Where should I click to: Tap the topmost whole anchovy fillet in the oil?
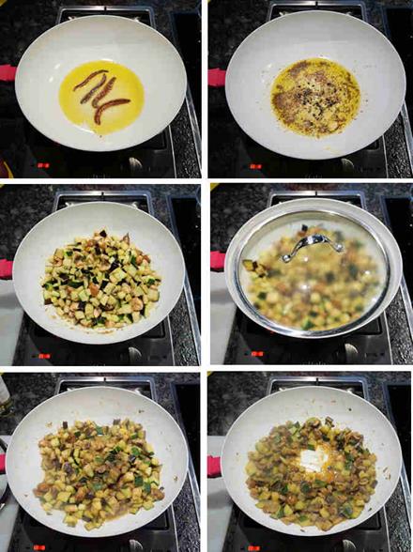click(x=90, y=80)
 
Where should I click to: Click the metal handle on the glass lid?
click(x=312, y=242)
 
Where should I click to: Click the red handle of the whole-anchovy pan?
click(x=8, y=72)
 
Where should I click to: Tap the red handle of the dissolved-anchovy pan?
click(x=216, y=77)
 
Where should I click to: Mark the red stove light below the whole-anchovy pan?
click(x=42, y=165)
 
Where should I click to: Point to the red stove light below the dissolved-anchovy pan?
click(x=254, y=166)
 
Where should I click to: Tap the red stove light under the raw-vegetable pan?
click(x=42, y=355)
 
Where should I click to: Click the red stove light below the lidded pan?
click(x=255, y=354)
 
